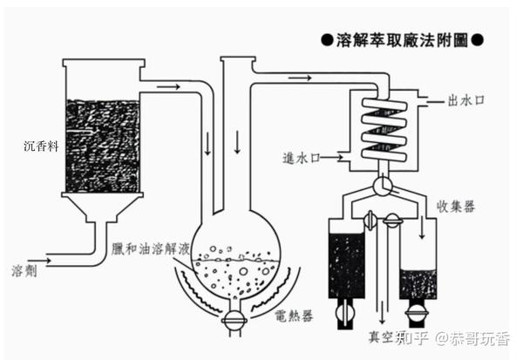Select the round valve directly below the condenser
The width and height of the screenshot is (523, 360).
[x=382, y=187]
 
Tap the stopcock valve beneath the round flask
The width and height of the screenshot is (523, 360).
[x=234, y=320]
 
